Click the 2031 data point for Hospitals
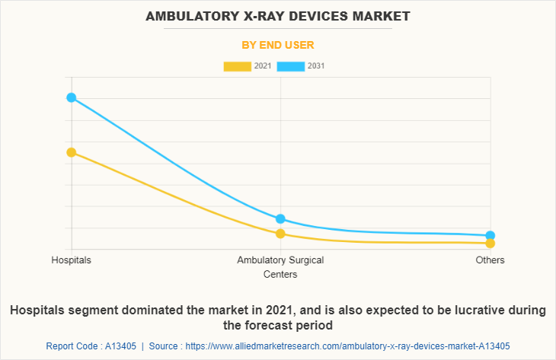point(71,97)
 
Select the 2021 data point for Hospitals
point(71,152)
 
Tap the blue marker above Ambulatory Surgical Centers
point(280,219)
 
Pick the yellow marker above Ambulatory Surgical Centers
point(280,234)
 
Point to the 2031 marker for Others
point(490,236)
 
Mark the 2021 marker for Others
point(490,244)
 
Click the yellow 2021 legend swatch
point(237,66)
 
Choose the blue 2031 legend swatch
point(291,66)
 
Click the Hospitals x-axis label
point(71,260)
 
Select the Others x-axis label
point(490,260)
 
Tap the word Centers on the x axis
point(280,274)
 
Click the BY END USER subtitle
point(278,45)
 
